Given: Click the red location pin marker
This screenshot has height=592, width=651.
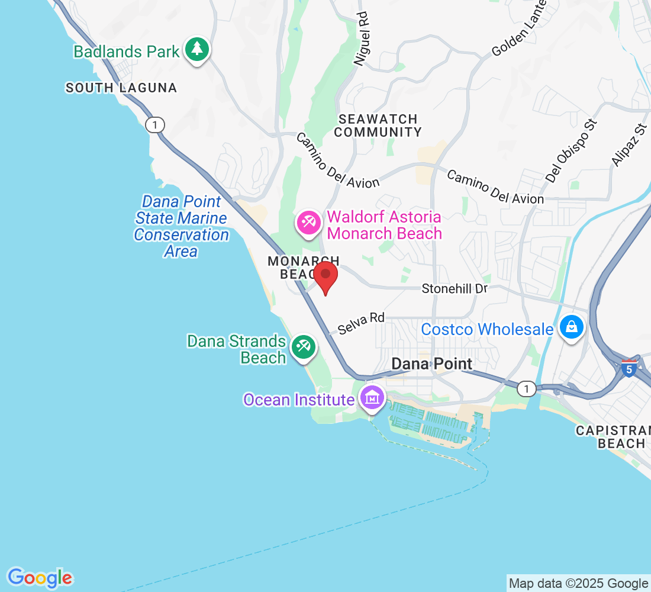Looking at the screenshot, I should click(x=325, y=277).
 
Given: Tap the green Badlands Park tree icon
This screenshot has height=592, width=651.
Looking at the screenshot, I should click(x=196, y=50).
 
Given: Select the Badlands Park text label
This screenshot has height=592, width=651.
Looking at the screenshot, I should click(x=126, y=52).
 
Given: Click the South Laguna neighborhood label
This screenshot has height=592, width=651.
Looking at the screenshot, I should click(x=121, y=88).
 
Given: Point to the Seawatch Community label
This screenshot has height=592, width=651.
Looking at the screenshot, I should click(x=377, y=126).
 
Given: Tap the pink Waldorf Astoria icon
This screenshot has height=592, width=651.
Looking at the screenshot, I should click(x=308, y=223).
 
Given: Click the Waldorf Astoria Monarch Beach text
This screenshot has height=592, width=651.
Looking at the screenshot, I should click(x=384, y=225).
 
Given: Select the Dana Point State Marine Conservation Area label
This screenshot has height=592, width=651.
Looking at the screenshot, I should click(x=181, y=226).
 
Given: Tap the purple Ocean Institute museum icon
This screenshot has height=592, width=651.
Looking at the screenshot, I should click(x=372, y=397).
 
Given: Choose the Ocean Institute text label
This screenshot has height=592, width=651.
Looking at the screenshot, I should click(x=299, y=400).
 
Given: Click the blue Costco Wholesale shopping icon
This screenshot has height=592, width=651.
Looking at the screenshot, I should click(x=572, y=327).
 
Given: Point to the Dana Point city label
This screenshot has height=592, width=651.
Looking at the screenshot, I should click(x=433, y=363).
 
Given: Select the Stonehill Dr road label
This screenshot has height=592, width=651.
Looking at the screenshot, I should click(x=455, y=289).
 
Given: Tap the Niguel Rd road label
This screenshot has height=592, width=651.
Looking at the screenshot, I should click(x=361, y=39).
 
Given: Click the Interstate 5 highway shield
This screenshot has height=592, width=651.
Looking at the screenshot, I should click(x=630, y=368).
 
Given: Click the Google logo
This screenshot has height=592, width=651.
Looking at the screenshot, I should click(x=40, y=577).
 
